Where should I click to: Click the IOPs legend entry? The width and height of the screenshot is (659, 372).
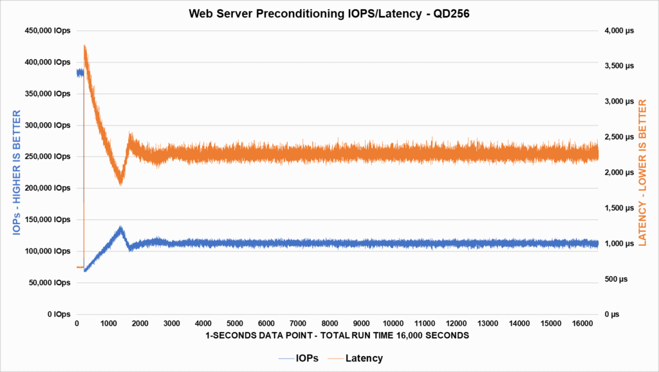(x=304, y=358)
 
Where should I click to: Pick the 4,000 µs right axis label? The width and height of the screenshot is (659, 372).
(x=620, y=31)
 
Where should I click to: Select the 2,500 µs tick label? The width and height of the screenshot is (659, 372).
(x=620, y=137)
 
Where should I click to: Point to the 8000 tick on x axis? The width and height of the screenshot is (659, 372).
(x=329, y=323)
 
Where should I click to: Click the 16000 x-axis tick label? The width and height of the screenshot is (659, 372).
(x=582, y=323)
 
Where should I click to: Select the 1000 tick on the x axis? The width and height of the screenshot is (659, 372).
(x=109, y=323)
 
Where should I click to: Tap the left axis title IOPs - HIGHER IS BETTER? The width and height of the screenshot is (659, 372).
(x=17, y=172)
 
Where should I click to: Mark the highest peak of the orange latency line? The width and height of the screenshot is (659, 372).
(x=85, y=46)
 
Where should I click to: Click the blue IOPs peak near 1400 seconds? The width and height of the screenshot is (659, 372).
(x=120, y=227)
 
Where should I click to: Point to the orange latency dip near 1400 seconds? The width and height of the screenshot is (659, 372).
(x=120, y=184)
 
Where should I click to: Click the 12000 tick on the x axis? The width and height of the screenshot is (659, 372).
(x=456, y=323)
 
